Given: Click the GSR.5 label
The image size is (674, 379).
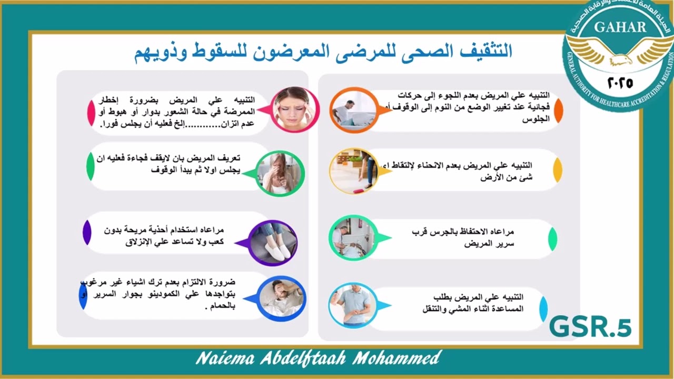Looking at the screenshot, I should tap(590, 327).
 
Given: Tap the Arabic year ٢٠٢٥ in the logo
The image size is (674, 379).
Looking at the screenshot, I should tap(621, 83).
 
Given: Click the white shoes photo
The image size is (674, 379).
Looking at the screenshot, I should tap(272, 243).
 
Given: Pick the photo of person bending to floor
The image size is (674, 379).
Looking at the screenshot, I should tap(354, 171).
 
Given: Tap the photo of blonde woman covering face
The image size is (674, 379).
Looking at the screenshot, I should tap(281, 173).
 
